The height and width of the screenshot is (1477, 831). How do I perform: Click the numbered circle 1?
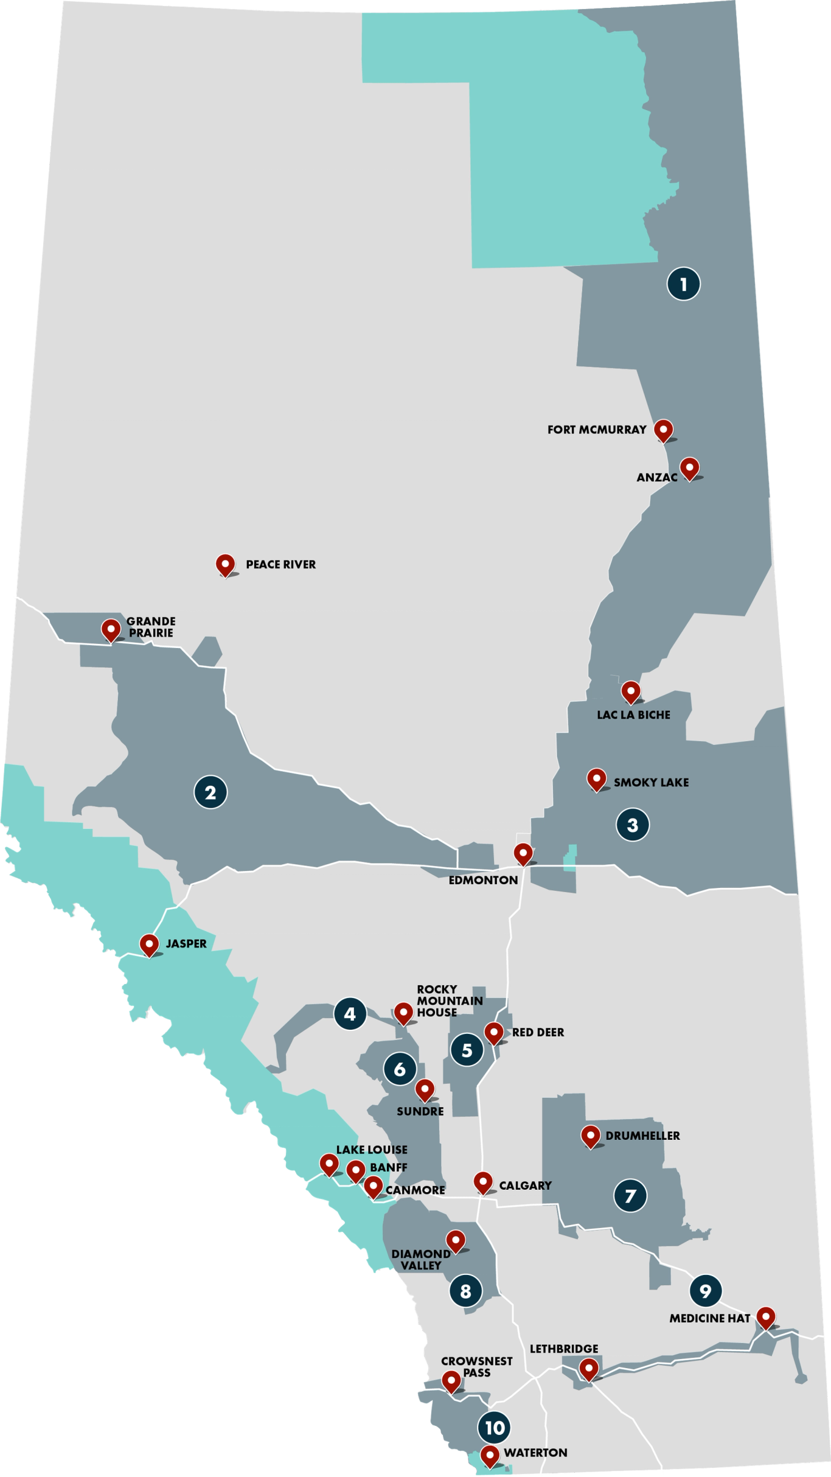[683, 284]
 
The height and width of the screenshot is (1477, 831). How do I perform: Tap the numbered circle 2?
[210, 792]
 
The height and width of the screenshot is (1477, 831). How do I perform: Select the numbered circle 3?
[633, 825]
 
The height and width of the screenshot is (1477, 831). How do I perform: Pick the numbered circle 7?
[630, 1195]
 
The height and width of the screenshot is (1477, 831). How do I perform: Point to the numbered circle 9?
[706, 1290]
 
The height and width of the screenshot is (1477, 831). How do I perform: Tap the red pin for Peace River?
[225, 564]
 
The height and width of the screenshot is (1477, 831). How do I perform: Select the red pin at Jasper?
[149, 944]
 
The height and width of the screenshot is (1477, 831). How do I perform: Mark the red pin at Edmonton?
[523, 853]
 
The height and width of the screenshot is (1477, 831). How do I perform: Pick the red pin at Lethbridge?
[588, 1369]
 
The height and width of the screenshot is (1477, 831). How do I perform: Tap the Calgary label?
[525, 1185]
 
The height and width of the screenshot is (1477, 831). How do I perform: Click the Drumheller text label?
[642, 1136]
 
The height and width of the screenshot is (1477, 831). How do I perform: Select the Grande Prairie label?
[151, 627]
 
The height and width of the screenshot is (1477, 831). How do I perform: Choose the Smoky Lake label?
[651, 783]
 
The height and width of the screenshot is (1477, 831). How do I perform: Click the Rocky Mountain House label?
[450, 1000]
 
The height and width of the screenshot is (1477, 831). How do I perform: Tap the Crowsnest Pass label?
[476, 1367]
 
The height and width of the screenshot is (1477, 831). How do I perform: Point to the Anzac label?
[657, 478]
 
